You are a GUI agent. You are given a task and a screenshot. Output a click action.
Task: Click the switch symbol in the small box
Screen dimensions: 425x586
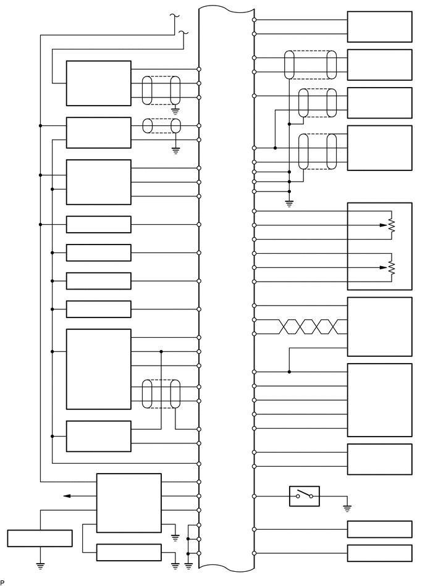coord(305,496)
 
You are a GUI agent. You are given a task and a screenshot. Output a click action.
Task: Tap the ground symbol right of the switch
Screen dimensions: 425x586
coord(347,508)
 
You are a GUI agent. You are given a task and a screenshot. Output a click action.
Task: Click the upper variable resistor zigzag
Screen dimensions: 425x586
coord(391,226)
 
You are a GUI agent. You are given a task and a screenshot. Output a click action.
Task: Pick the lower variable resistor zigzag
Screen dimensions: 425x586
coord(391,267)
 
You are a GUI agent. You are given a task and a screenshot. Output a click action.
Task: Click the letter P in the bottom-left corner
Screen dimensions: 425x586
coord(2,582)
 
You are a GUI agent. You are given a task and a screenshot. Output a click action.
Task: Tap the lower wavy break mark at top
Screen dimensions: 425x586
coord(183,31)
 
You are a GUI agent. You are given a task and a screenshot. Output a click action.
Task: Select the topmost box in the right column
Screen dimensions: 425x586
coord(379,27)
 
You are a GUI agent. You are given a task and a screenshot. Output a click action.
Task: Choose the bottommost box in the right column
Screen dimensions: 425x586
coord(379,553)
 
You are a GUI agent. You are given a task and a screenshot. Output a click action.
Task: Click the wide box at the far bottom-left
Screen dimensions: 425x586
coord(40,538)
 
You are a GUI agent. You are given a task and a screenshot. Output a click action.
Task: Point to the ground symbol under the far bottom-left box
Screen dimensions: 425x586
coord(40,564)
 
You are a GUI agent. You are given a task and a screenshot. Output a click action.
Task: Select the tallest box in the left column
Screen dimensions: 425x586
coord(99,369)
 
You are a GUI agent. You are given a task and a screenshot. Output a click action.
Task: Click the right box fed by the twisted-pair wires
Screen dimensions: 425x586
coord(379,327)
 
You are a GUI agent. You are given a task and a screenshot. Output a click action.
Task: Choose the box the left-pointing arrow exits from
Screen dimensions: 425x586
coord(128,503)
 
